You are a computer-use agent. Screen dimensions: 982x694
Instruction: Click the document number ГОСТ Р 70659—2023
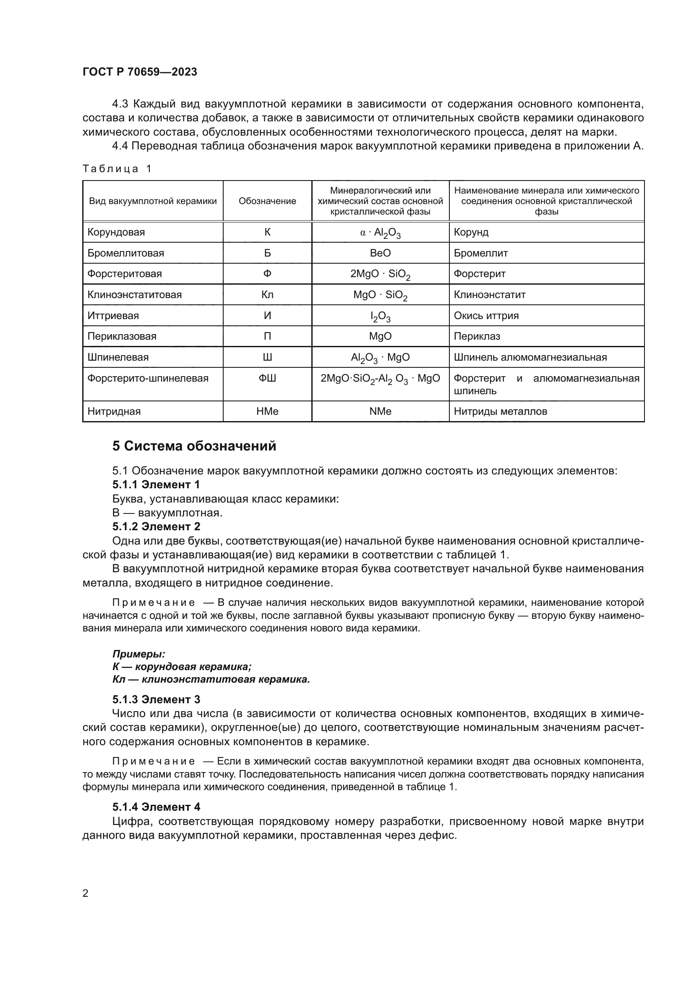tap(140, 72)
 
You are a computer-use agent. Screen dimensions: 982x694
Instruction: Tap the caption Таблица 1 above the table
tap(117, 169)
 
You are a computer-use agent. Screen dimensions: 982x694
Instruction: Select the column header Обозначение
tap(267, 201)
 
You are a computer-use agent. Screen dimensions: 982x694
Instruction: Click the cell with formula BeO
tap(380, 253)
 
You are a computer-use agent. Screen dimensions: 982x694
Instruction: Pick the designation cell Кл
tap(267, 295)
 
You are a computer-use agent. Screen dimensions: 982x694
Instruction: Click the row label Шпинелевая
tap(118, 357)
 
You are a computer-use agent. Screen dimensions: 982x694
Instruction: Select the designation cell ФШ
tap(267, 378)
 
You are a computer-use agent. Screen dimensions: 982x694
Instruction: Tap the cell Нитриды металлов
tap(500, 411)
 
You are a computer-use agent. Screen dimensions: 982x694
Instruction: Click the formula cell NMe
tap(380, 411)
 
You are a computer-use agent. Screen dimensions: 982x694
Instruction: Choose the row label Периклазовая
tap(122, 336)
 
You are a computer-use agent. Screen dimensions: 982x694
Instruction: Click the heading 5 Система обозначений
tap(194, 446)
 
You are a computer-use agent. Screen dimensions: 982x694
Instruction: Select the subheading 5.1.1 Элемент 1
tap(156, 484)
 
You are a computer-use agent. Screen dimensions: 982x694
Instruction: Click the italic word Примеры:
tap(138, 654)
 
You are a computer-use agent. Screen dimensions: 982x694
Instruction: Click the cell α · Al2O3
tap(380, 233)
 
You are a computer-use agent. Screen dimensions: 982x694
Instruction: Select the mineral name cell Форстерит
tap(480, 274)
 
